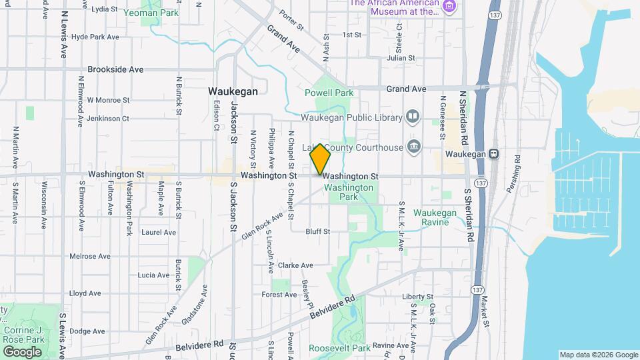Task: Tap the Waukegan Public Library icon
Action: tap(413, 118)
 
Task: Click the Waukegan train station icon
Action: tap(493, 153)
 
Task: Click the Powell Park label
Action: tap(329, 93)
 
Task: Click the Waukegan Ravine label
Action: tap(435, 217)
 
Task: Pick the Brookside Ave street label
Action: tap(115, 69)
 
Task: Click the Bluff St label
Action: tap(318, 232)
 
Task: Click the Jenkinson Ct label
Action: tap(108, 118)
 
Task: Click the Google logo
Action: tap(21, 352)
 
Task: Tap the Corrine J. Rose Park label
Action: tap(23, 335)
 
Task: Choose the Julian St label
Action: tap(401, 58)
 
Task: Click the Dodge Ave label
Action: tap(87, 331)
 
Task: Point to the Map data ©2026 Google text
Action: tap(598, 355)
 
